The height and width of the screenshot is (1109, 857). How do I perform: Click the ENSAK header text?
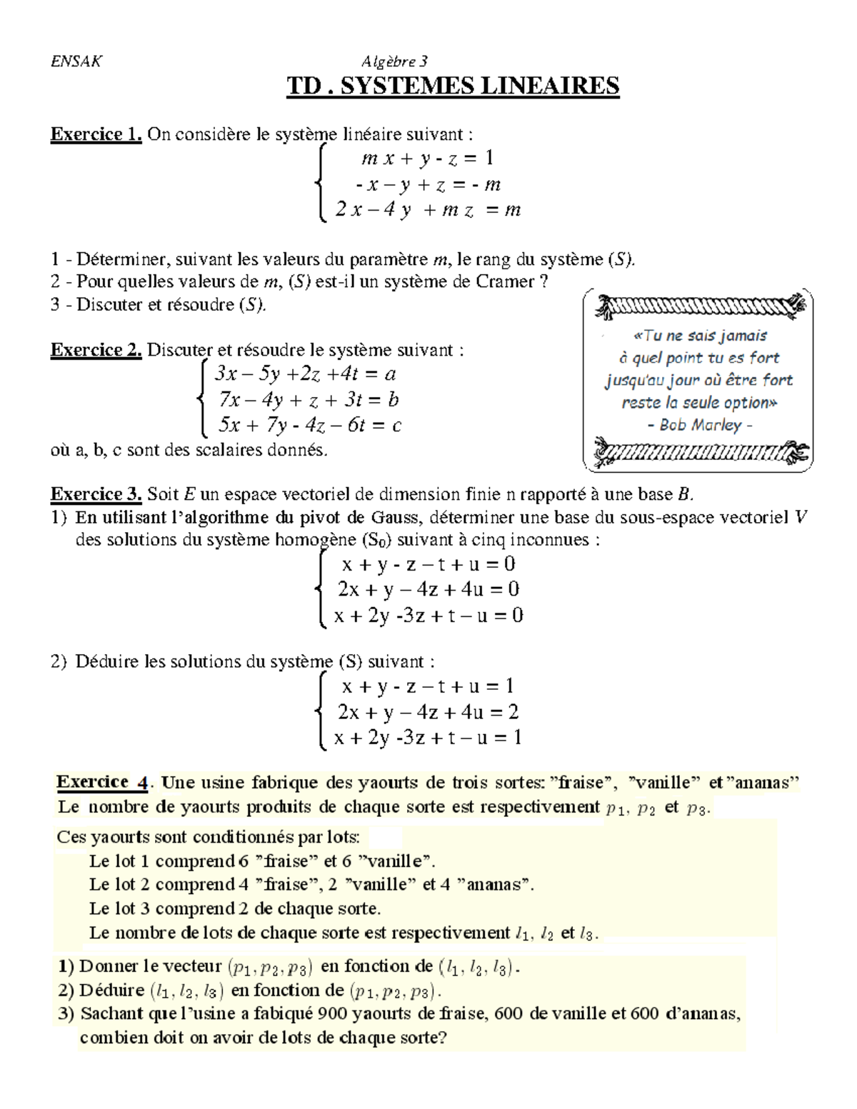76,61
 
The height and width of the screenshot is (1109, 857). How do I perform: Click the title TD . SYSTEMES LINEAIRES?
453,86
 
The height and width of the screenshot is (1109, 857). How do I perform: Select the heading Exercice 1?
96,134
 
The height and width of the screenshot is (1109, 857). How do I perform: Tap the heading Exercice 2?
96,350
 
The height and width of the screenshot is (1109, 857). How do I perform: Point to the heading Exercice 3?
96,494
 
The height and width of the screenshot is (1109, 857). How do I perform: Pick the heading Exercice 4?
102,782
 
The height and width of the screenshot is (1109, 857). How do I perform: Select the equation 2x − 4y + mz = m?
428,210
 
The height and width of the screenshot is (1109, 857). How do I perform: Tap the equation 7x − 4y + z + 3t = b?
309,400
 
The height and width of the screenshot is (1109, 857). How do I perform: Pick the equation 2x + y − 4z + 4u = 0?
428,590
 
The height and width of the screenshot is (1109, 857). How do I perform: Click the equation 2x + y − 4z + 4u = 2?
428,712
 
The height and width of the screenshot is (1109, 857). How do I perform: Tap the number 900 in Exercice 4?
332,1013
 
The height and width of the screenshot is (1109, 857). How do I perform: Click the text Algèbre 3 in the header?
394,61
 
